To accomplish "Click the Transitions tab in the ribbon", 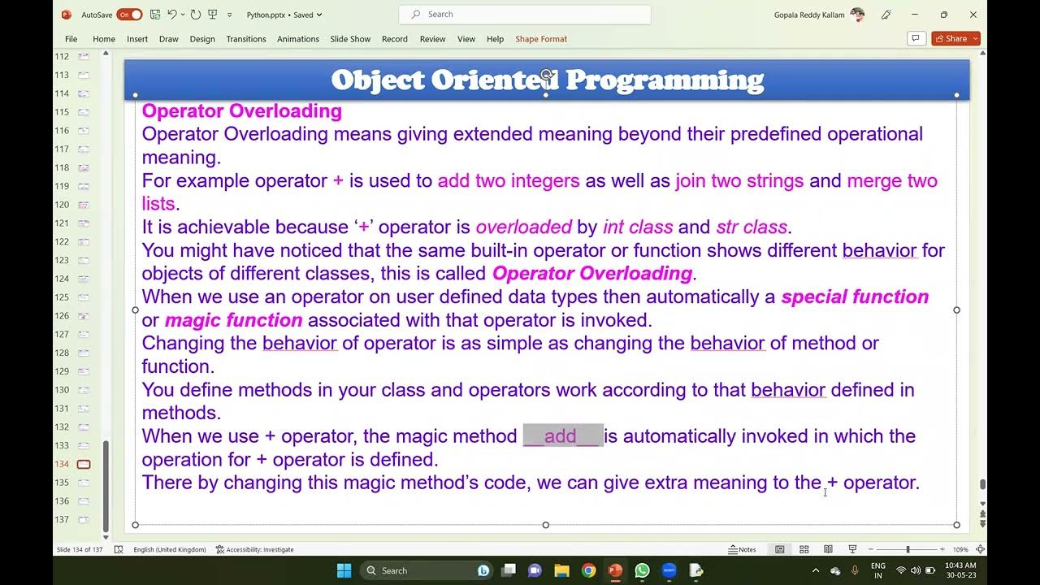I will click(245, 39).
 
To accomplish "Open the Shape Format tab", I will click(540, 39).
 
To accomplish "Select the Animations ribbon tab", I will click(297, 39).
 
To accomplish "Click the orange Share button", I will click(955, 39).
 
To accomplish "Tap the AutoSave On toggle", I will click(129, 15).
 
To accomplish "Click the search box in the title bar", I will click(524, 15).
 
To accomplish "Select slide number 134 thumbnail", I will click(84, 464).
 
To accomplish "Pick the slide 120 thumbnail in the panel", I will click(84, 205).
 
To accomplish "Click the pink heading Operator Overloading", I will click(241, 111).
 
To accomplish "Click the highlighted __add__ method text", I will click(562, 436).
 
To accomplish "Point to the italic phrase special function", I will click(855, 297).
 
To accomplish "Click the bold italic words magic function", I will click(233, 321).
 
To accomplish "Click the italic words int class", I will click(637, 227).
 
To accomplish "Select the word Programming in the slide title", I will click(664, 80).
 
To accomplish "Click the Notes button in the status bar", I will click(742, 550).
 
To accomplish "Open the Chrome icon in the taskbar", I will click(588, 570).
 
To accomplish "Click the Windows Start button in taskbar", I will click(344, 570).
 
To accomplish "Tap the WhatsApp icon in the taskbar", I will click(642, 570).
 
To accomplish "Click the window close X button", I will click(973, 15).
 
